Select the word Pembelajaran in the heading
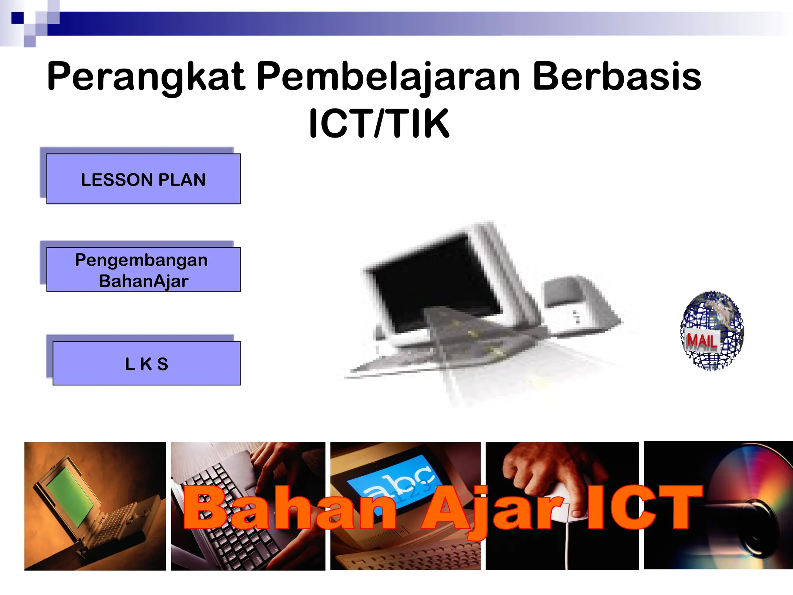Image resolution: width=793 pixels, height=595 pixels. pyautogui.click(x=388, y=77)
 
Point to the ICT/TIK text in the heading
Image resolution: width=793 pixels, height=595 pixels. pyautogui.click(x=379, y=124)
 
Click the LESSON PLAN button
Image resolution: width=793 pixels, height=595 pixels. pyautogui.click(x=143, y=179)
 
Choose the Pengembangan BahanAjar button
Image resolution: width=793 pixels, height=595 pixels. pyautogui.click(x=143, y=270)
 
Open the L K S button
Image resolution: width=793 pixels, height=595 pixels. pyautogui.click(x=146, y=363)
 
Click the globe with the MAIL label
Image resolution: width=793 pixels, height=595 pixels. pyautogui.click(x=712, y=330)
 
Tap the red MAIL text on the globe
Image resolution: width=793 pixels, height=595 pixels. pyautogui.click(x=701, y=341)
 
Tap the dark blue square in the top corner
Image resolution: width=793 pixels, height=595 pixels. pyautogui.click(x=17, y=18)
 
